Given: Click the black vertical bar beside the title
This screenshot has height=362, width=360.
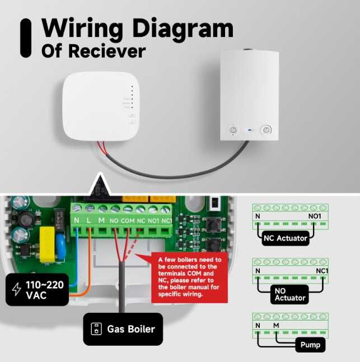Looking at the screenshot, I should coord(26,37).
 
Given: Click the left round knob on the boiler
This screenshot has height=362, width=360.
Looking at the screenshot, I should coord(233,130).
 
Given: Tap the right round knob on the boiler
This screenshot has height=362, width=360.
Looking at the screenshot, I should coord(267,130).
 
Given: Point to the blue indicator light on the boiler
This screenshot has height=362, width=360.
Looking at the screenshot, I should coord(250,130).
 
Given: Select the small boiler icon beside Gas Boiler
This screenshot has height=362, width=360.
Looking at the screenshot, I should coord(96,328).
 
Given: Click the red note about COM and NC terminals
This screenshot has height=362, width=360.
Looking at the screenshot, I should coord(190,277).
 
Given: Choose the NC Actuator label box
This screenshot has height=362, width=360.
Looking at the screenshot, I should coord(286,238).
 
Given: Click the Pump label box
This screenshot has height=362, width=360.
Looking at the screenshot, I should coord(310,345).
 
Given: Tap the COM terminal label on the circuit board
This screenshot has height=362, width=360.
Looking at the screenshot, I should coord(127,220).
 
